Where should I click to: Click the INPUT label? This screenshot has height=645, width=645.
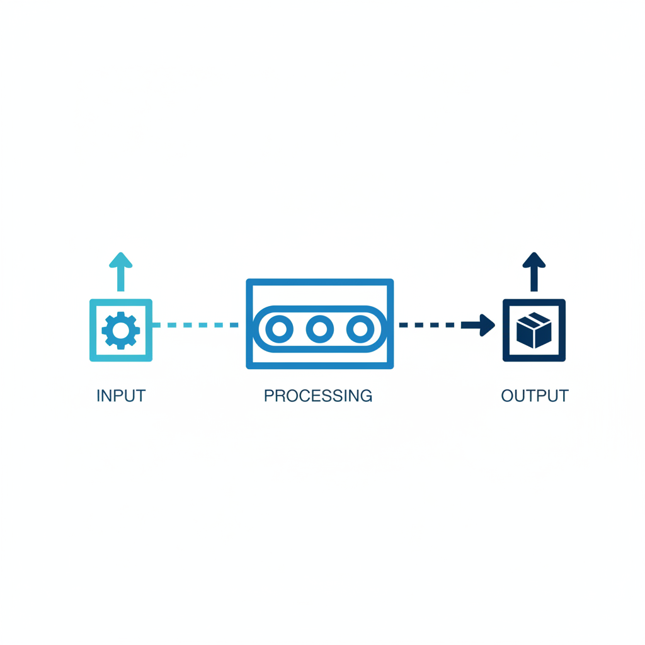point(121,396)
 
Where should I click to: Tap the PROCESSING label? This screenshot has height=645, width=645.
point(318,396)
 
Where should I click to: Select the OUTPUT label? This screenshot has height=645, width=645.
point(535,396)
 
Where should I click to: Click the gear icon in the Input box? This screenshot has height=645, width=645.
point(121,330)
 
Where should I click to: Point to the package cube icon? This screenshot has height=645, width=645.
point(534,331)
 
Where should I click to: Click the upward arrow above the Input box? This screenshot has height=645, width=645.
point(120,271)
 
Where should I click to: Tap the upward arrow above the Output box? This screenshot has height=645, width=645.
point(534,271)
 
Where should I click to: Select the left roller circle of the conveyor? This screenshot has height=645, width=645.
point(279,329)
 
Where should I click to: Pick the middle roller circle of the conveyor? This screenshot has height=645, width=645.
point(319,329)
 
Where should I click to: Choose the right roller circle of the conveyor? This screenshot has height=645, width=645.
point(360,329)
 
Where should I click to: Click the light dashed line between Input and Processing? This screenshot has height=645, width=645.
point(195,325)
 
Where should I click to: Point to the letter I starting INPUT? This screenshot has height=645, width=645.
point(98,396)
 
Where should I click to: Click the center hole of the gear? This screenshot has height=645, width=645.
point(121,330)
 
